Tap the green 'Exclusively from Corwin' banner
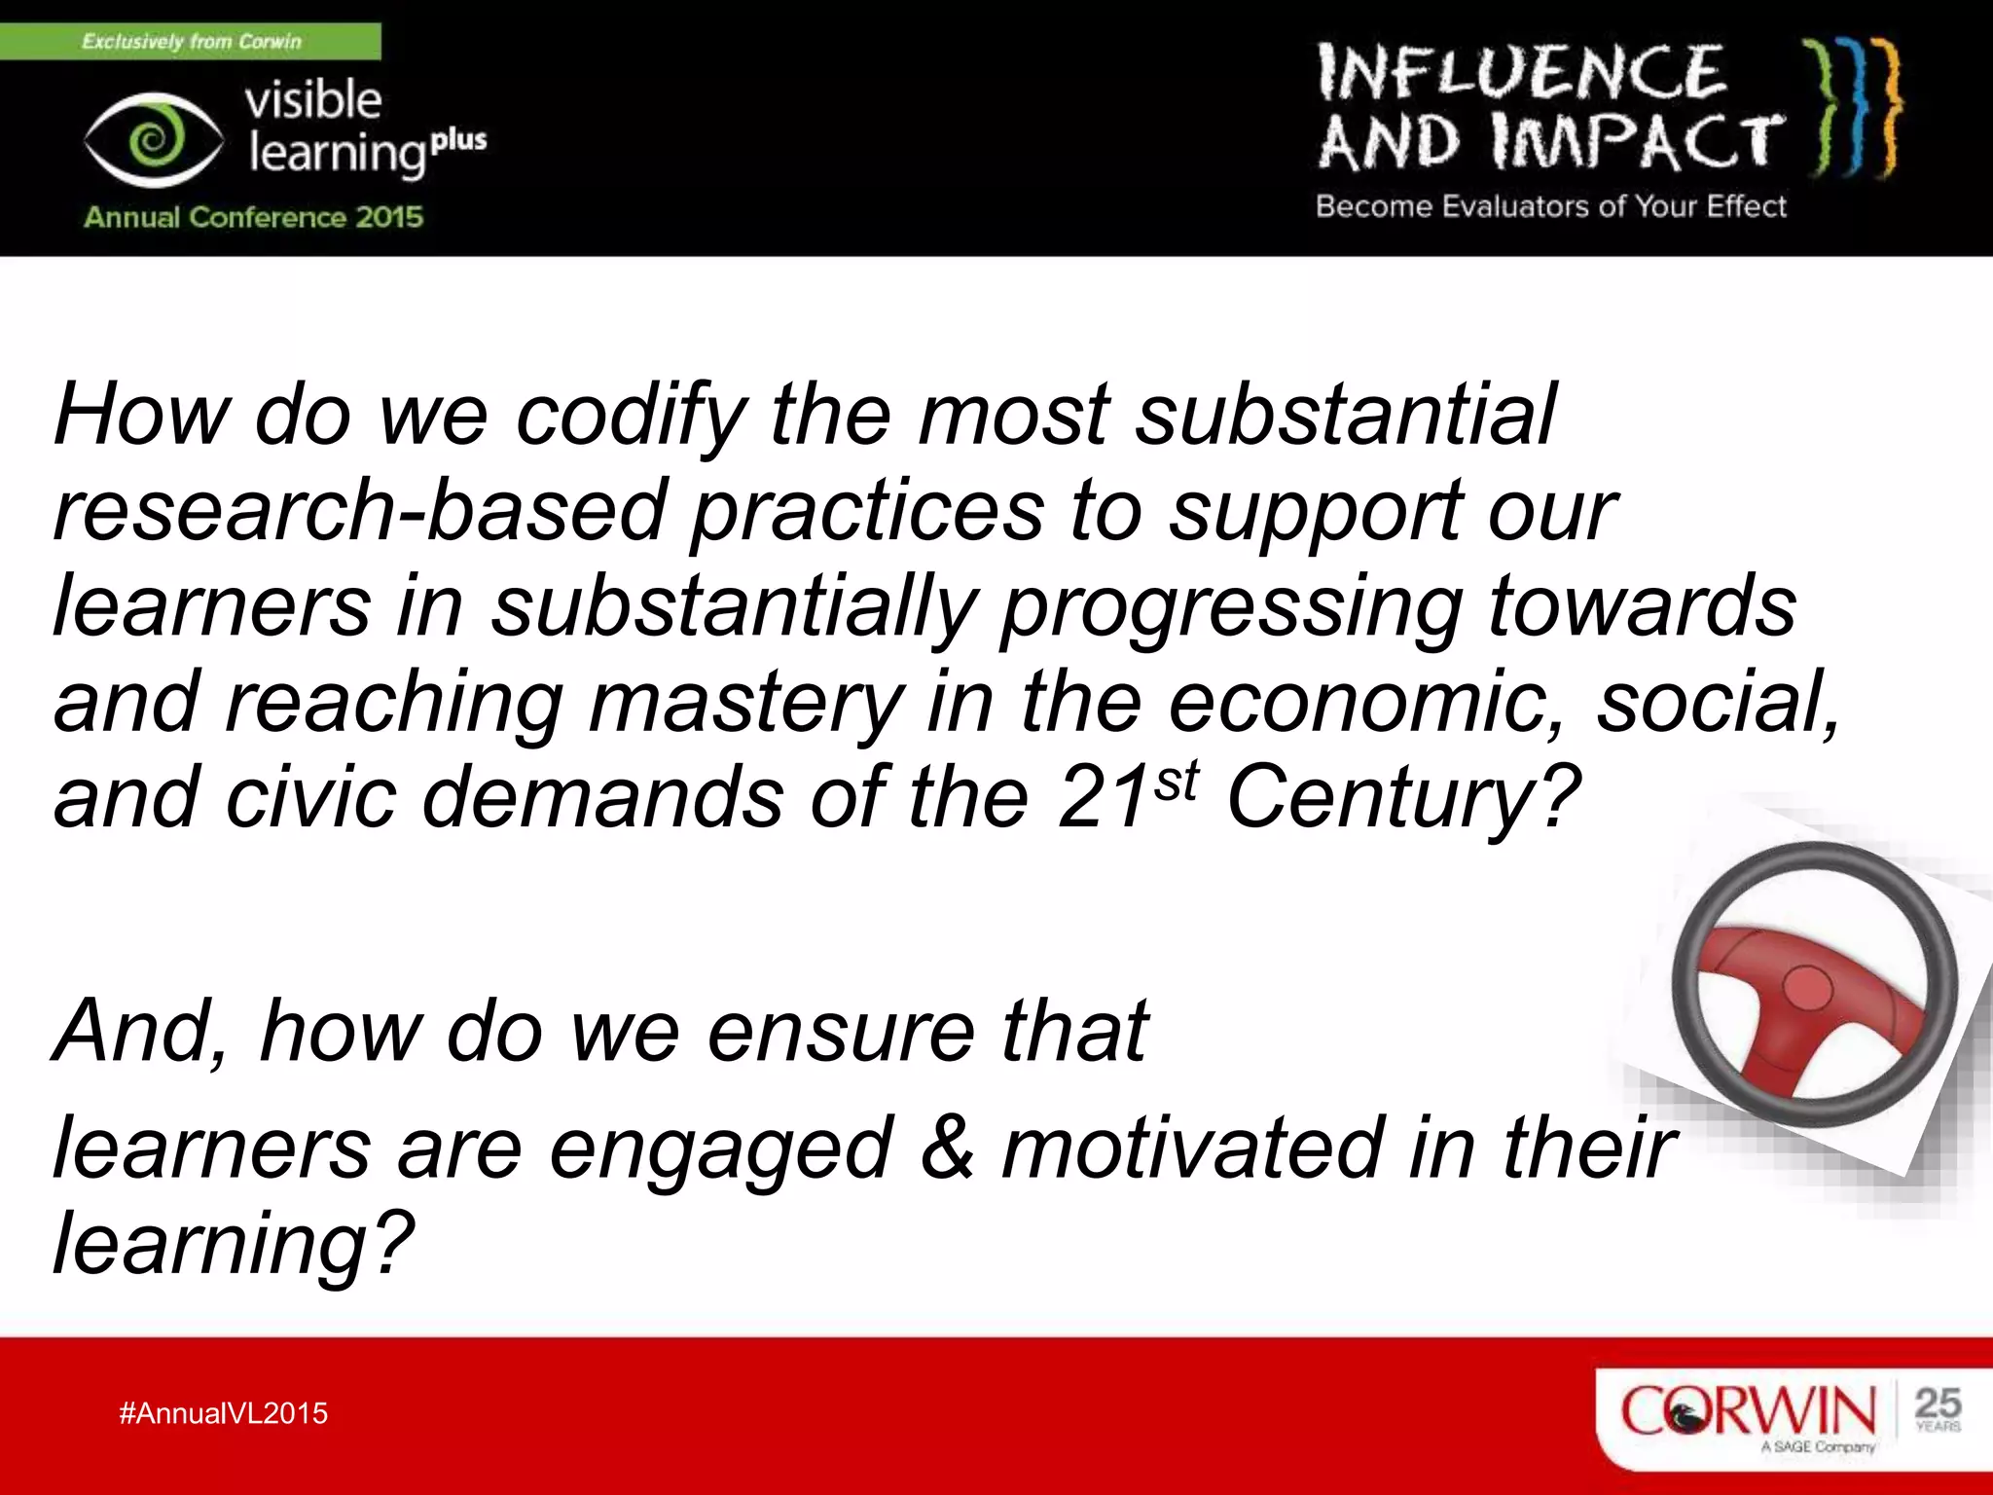(x=191, y=41)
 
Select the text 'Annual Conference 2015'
(x=253, y=216)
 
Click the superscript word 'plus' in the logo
(x=458, y=141)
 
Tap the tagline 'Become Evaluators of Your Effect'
(x=1551, y=206)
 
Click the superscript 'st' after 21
(x=1178, y=781)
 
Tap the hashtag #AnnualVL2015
(x=223, y=1413)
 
